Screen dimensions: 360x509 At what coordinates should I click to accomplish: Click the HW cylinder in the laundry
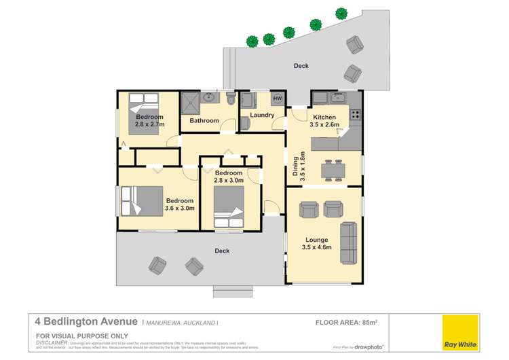277,99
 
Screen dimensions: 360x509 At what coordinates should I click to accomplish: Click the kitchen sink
337,98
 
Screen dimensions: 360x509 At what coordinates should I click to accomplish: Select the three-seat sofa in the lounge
349,242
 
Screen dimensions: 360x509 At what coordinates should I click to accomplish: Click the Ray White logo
459,333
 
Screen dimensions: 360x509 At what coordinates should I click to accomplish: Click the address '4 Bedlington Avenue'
86,323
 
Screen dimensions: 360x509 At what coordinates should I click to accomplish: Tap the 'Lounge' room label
316,240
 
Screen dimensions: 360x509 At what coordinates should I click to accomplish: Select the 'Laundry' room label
262,115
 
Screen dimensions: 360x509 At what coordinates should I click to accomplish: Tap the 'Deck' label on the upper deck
301,66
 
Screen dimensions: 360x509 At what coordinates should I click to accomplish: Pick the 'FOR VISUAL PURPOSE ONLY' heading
73,336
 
